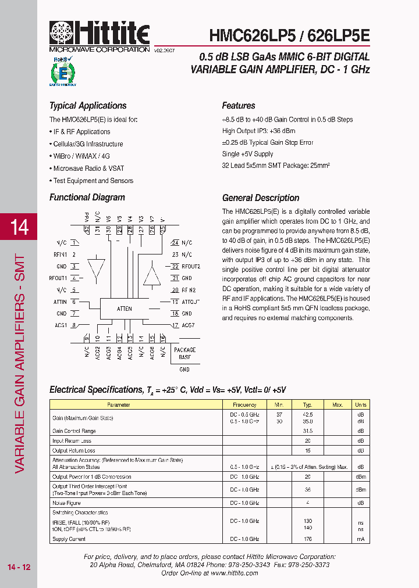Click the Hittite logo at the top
(99, 35)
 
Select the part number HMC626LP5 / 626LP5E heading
(289, 35)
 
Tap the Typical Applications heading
(88, 106)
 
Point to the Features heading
(239, 106)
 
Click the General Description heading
(261, 198)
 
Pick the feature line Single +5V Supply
(247, 154)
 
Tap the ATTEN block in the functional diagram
(124, 309)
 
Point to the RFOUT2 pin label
(191, 267)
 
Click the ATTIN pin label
(61, 302)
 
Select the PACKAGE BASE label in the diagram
(184, 353)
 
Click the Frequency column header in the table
(244, 405)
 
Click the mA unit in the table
(360, 539)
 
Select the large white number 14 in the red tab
(19, 227)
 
